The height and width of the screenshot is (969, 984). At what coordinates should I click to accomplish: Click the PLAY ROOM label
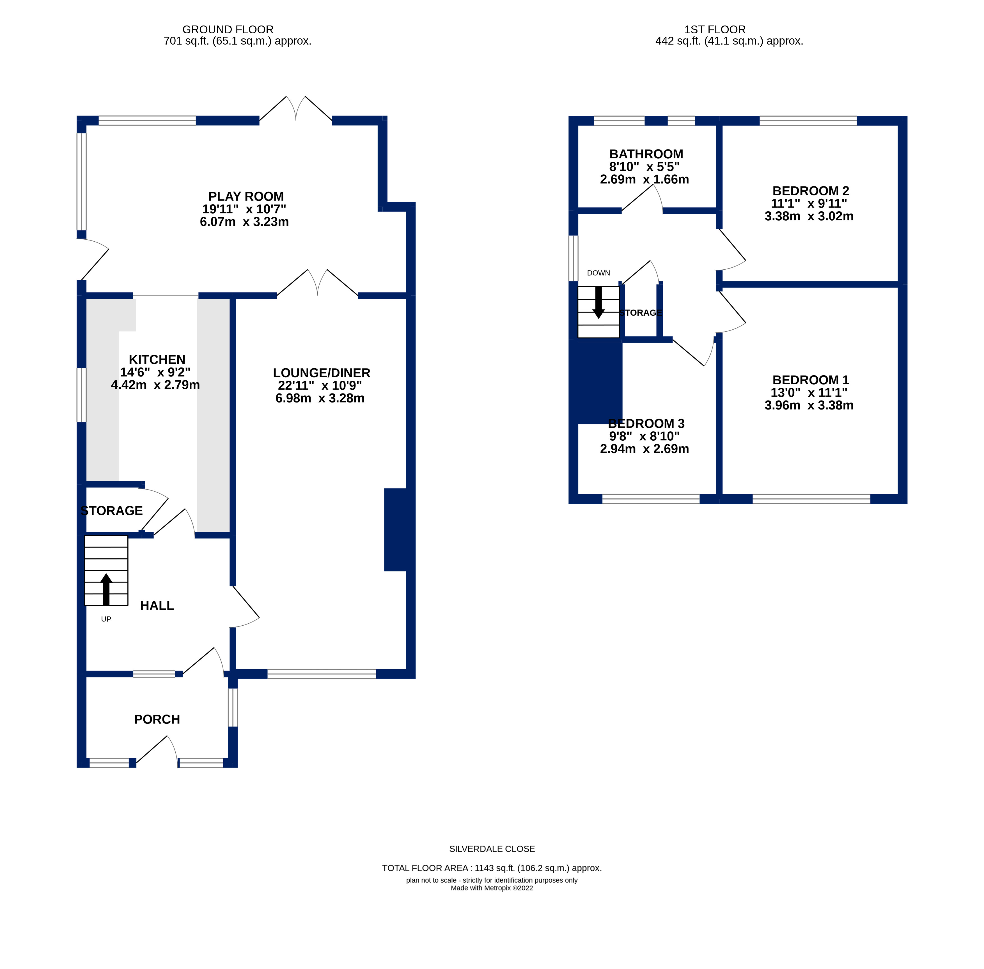point(246,196)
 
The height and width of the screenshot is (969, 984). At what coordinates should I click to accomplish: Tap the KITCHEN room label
point(157,359)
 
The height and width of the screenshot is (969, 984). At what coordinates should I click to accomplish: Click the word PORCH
point(157,719)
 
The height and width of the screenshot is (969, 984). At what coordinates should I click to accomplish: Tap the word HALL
point(157,605)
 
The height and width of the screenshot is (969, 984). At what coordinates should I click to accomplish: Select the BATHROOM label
point(646,154)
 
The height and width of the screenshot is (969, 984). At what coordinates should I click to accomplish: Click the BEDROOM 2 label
point(810,191)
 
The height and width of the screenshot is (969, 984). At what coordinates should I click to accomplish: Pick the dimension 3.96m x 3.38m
point(809,405)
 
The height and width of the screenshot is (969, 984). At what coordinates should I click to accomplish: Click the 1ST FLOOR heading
point(715,29)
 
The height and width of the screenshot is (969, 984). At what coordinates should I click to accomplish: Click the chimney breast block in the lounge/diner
point(395,529)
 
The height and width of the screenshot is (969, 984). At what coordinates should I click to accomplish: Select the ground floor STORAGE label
point(112,510)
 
